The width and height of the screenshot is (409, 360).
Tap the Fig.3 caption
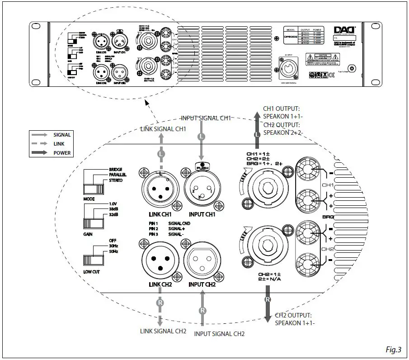pos(394,349)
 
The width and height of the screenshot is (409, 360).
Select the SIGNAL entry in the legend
pos(61,135)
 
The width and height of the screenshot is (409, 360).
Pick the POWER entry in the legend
pos(61,153)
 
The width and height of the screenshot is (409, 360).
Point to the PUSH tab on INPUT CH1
pos(202,166)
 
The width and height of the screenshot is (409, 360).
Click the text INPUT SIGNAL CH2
pos(219,334)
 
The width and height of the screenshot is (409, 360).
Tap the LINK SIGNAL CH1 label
pos(163,129)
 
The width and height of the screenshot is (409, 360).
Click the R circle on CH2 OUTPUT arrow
pos(267,299)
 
